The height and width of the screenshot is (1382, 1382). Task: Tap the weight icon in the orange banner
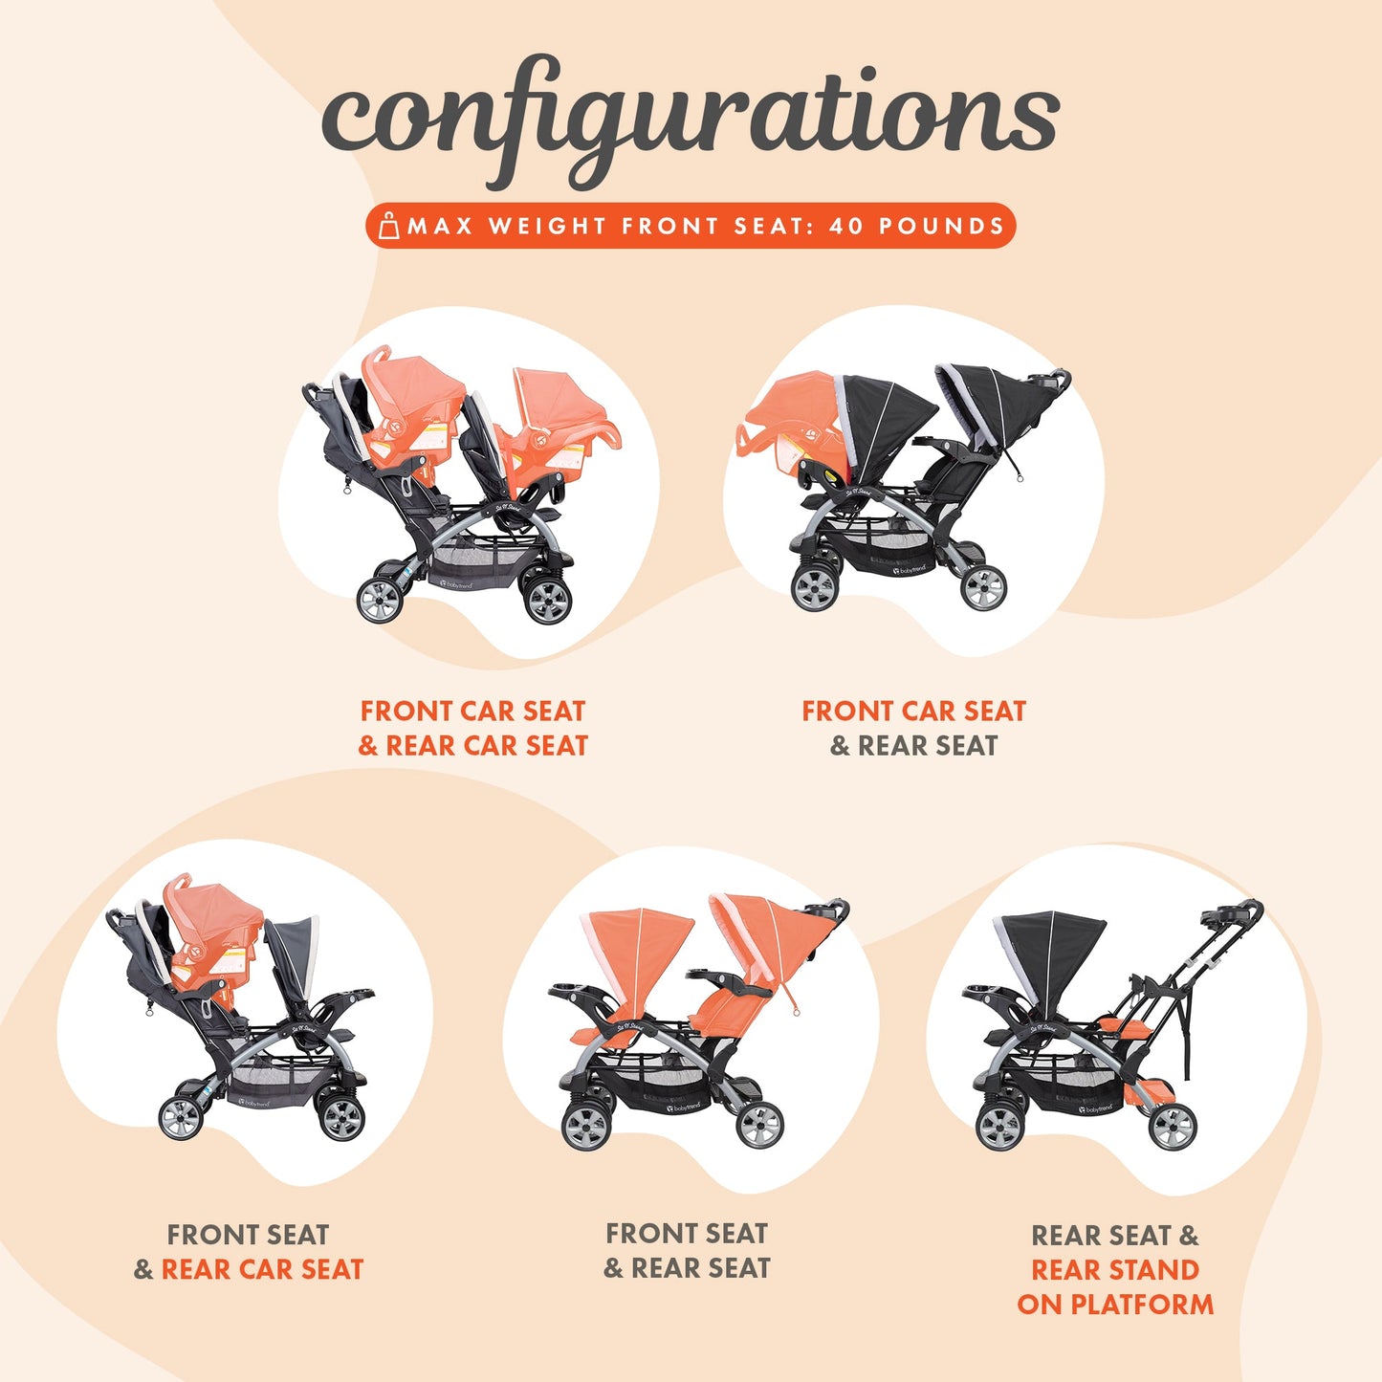click(388, 226)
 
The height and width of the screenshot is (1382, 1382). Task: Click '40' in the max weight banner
click(845, 227)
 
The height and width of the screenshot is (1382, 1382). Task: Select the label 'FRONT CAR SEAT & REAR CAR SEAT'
click(472, 728)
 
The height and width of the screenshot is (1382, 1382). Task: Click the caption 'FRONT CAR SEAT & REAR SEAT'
click(913, 728)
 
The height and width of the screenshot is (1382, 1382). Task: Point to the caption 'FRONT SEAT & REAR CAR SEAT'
click(249, 1251)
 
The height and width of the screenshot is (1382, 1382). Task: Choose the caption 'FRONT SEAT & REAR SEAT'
click(687, 1250)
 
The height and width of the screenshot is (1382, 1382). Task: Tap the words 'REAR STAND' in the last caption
click(1114, 1269)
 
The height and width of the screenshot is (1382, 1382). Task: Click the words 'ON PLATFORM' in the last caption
click(1115, 1304)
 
